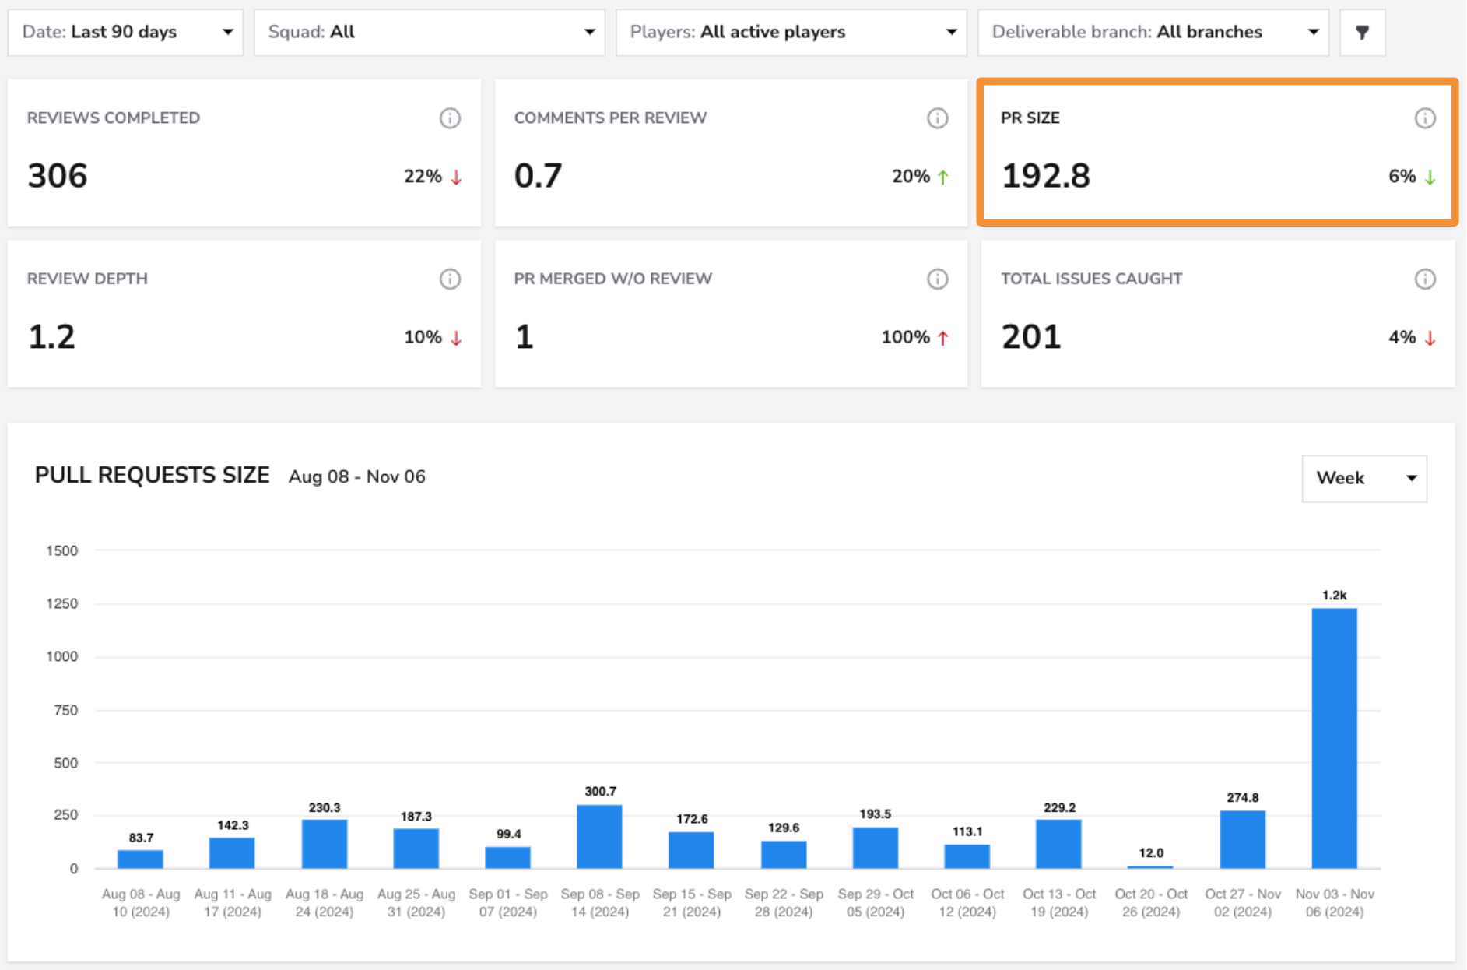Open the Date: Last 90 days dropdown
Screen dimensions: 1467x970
coord(125,32)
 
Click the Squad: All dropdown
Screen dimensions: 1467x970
coord(430,32)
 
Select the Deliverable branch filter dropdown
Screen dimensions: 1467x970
coord(1153,32)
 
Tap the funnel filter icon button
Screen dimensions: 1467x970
coord(1362,32)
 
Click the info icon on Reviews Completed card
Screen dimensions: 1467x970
coord(450,118)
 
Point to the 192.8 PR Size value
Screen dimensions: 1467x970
coord(1046,176)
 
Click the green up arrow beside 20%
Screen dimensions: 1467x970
coord(943,177)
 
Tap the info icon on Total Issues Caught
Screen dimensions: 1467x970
coord(1425,279)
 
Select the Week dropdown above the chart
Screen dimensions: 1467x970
coord(1364,478)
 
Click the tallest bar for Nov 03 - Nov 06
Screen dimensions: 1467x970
coord(1334,738)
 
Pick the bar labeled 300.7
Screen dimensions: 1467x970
coord(599,836)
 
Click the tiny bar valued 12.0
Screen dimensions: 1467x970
coord(1150,866)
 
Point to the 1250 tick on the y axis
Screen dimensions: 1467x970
coord(62,603)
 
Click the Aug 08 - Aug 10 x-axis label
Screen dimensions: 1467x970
coord(141,903)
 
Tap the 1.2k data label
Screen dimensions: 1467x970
coord(1334,596)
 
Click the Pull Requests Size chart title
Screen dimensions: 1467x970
coord(153,475)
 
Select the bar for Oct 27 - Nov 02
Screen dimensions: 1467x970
coord(1242,839)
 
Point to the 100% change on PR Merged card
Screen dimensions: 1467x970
coord(905,337)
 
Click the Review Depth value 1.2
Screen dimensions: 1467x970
coord(51,336)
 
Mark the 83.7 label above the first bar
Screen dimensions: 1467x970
coord(141,838)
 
